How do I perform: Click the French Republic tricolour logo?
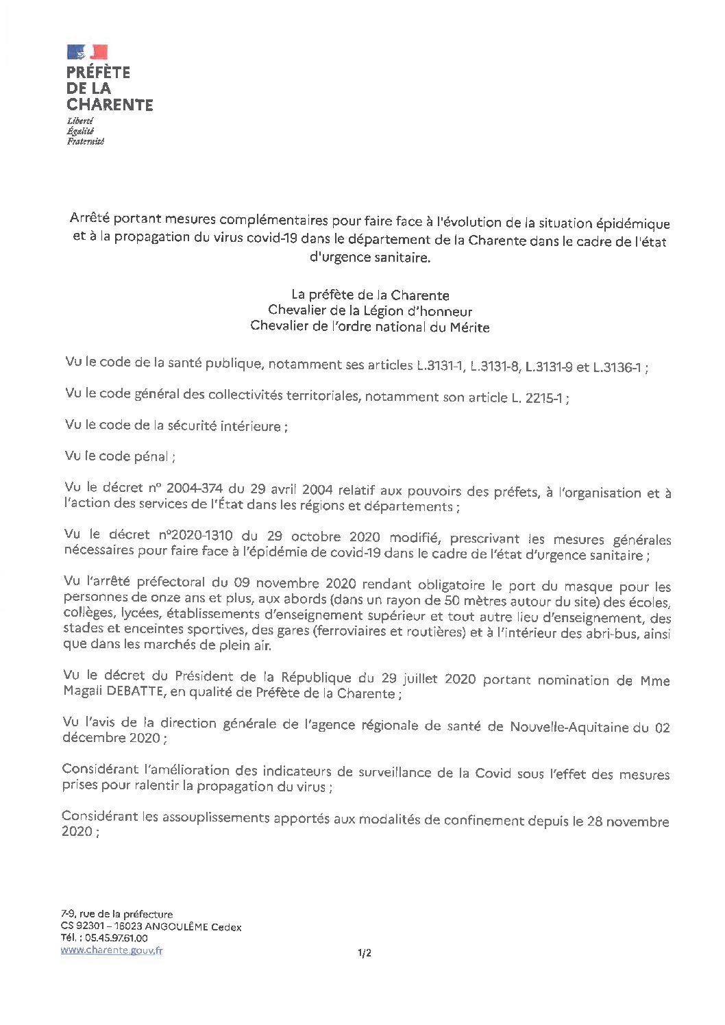(87, 52)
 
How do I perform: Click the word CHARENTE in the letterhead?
(110, 105)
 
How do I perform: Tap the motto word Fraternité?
(85, 141)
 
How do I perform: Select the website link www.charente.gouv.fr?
(112, 950)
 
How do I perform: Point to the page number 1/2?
(364, 952)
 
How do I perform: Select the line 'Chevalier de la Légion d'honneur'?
(370, 311)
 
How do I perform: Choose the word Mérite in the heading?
(469, 328)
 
